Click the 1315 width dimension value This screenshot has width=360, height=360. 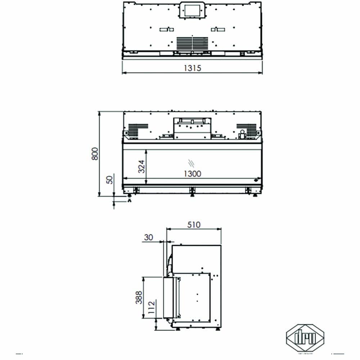pyautogui.click(x=192, y=67)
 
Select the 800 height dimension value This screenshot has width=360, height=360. pyautogui.click(x=94, y=154)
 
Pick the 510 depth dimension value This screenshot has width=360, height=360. pyautogui.click(x=194, y=225)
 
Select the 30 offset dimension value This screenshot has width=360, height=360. pyautogui.click(x=148, y=237)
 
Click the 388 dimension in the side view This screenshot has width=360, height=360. pyautogui.click(x=139, y=297)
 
